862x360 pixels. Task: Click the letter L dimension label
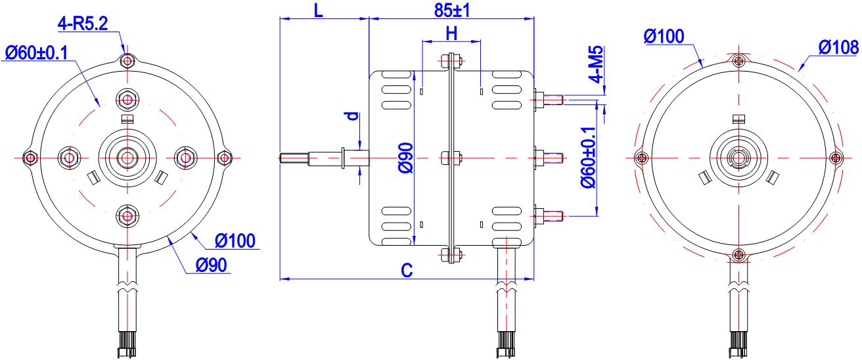point(319,10)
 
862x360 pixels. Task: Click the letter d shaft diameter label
point(353,116)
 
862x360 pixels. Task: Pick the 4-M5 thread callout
point(598,64)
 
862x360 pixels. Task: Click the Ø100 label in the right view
point(664,36)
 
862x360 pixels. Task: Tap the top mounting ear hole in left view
point(127,61)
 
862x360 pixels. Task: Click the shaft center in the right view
point(740,158)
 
